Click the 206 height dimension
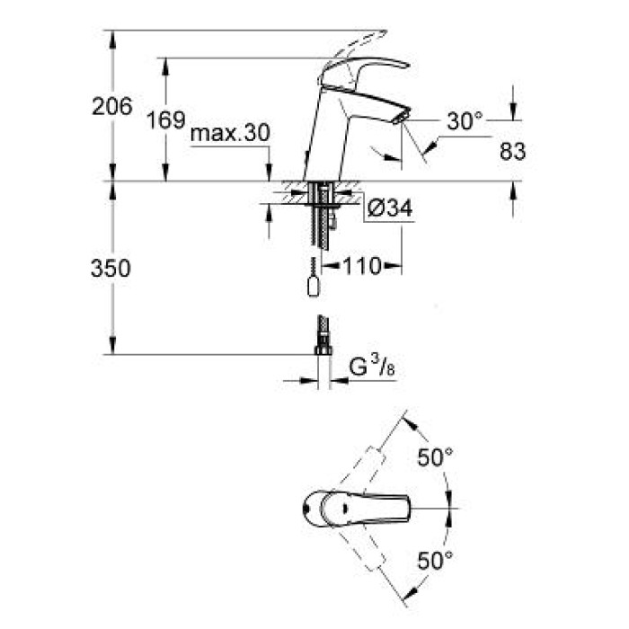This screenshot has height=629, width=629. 111,107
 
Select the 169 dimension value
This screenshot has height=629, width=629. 167,120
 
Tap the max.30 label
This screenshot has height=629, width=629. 231,134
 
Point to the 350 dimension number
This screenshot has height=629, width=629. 111,268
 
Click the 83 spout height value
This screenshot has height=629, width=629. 512,151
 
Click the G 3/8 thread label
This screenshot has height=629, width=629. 368,368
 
